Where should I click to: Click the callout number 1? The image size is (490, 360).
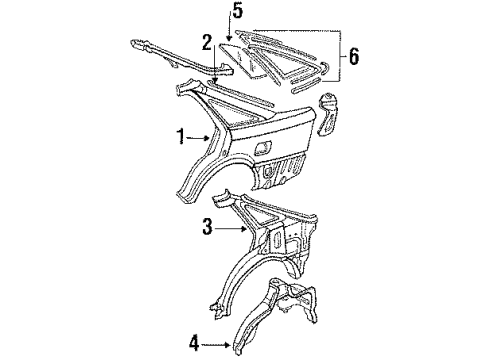180,137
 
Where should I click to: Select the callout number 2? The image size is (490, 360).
207,43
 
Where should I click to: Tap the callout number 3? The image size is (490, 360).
207,227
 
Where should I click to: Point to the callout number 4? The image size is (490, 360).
194,344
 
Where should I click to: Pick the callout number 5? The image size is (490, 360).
237,11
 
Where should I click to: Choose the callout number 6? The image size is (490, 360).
354,56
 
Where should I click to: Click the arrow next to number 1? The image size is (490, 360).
198,137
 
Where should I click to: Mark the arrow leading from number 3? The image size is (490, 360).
230,228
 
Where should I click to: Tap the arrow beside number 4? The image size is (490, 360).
216,345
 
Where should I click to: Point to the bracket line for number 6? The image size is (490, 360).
339,56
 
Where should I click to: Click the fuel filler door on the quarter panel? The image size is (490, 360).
263,147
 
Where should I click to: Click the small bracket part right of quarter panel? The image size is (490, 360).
328,114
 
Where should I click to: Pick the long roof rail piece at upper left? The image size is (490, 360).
180,57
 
